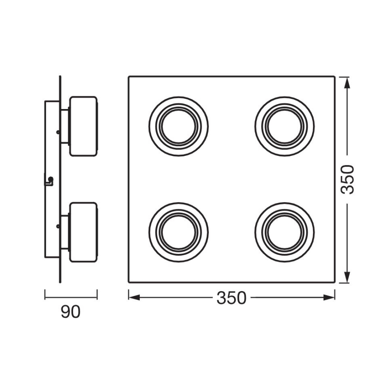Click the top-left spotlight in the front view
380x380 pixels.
pyautogui.click(x=179, y=126)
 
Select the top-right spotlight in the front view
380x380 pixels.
pyautogui.click(x=285, y=126)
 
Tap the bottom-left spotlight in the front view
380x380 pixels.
pyautogui.click(x=179, y=232)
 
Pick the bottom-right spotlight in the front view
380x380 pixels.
pyautogui.click(x=285, y=232)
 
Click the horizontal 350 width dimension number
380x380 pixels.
pyautogui.click(x=231, y=298)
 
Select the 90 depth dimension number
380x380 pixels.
pyautogui.click(x=70, y=312)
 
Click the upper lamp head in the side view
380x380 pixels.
pyautogui.click(x=83, y=126)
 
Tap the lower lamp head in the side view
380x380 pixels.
pyautogui.click(x=83, y=232)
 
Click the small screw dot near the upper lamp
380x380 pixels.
pyautogui.click(x=58, y=130)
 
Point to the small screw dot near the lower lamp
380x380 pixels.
pyautogui.click(x=58, y=225)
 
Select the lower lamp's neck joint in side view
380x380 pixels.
pyautogui.click(x=65, y=232)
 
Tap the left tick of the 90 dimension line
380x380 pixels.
pyautogui.click(x=45, y=295)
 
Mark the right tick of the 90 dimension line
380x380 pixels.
pyautogui.click(x=97, y=295)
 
